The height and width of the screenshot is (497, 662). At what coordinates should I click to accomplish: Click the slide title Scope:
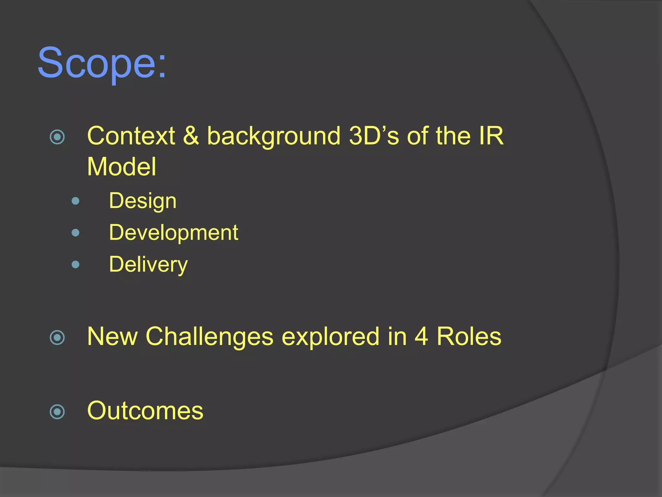click(102, 63)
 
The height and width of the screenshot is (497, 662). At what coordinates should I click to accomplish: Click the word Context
click(131, 136)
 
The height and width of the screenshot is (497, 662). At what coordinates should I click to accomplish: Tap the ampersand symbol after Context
click(191, 136)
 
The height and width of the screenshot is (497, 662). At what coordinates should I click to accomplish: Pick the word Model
click(122, 167)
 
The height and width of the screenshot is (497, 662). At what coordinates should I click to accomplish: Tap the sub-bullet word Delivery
click(148, 265)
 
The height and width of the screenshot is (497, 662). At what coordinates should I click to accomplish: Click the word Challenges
click(209, 337)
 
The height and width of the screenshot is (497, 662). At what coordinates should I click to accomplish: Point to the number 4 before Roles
click(421, 337)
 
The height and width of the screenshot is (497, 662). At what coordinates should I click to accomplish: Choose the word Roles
click(469, 337)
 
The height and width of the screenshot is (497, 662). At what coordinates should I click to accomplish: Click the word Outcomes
click(145, 411)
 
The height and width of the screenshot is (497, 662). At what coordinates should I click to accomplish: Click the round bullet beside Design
click(75, 201)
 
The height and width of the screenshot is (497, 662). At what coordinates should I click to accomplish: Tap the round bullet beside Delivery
click(75, 265)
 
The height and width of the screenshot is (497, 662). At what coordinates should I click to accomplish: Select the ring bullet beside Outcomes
click(58, 412)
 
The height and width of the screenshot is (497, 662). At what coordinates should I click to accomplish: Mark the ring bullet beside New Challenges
click(58, 338)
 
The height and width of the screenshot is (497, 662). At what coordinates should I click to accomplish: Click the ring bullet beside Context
click(58, 137)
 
